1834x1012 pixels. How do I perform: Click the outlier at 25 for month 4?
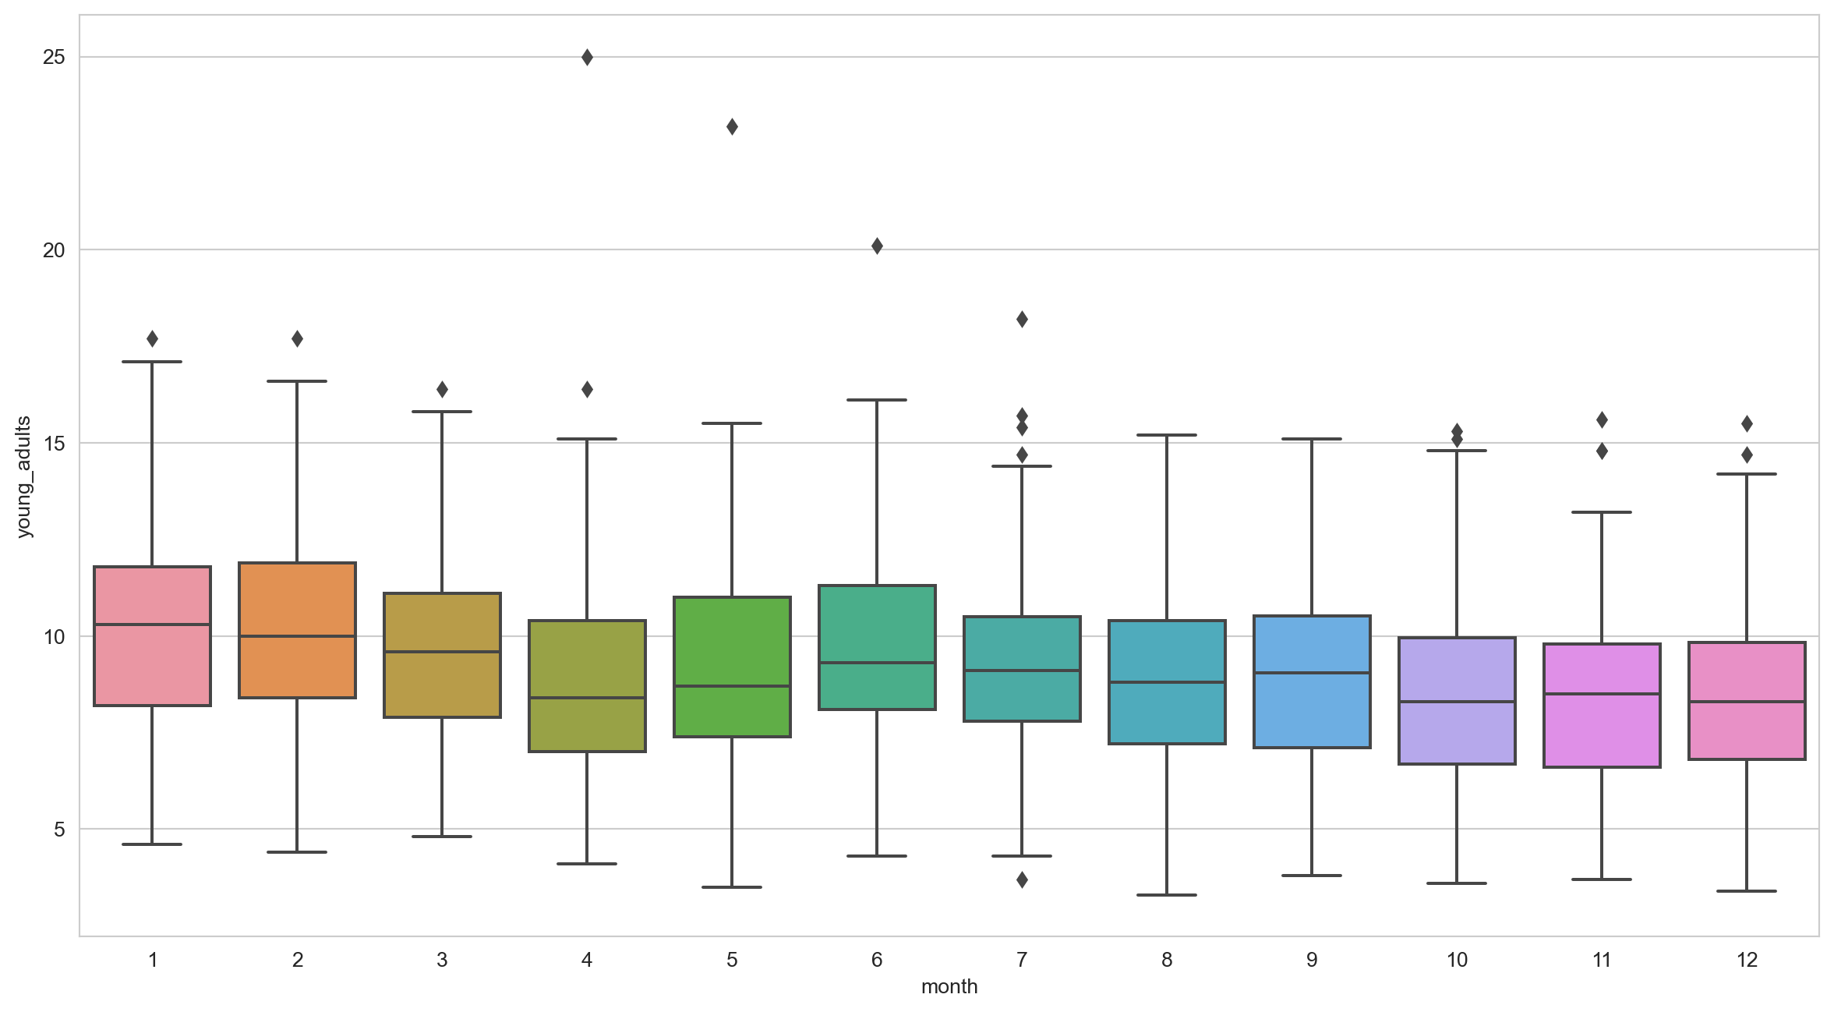(x=587, y=58)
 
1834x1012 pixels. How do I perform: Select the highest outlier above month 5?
(x=732, y=127)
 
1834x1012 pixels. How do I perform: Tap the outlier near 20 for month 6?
(x=877, y=246)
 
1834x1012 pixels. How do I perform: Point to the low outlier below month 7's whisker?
(x=1022, y=880)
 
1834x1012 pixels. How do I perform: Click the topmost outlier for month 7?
(x=1022, y=320)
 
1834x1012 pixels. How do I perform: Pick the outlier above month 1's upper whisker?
(x=152, y=339)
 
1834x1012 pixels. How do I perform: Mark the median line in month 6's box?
(x=877, y=663)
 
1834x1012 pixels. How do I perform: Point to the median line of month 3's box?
(x=442, y=652)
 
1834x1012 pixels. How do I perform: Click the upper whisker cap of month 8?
(x=1167, y=435)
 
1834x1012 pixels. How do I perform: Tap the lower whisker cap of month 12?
(x=1747, y=891)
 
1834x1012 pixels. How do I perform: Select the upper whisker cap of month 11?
(x=1602, y=512)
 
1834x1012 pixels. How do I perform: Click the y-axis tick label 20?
(x=54, y=250)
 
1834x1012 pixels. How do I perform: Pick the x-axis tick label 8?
(x=1167, y=960)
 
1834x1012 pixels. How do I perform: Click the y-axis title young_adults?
(x=24, y=476)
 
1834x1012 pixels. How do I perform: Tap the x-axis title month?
(x=949, y=987)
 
